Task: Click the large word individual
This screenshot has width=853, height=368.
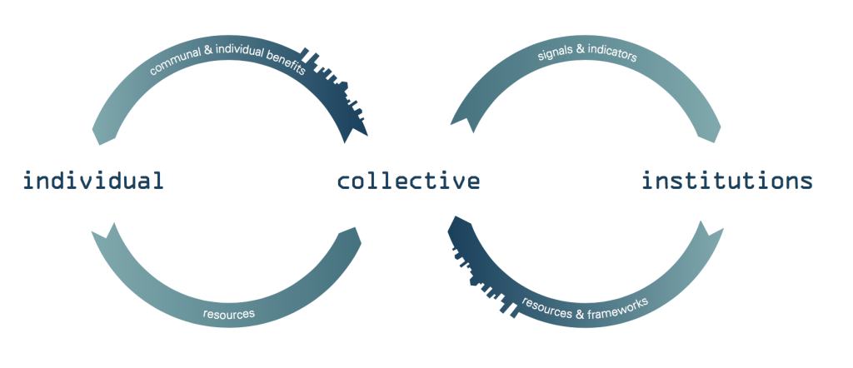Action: point(92,181)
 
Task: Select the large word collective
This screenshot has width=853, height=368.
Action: point(408,181)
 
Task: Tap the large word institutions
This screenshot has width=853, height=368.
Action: point(727,181)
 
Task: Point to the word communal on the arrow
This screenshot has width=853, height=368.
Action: point(172,65)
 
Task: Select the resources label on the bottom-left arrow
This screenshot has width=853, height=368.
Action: point(228,314)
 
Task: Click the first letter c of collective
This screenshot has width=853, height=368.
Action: point(343,182)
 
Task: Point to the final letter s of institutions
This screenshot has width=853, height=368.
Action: point(805,182)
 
